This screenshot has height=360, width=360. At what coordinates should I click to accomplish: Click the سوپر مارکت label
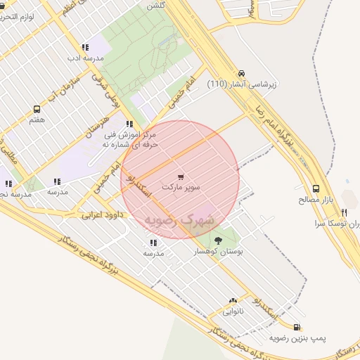tap(181, 188)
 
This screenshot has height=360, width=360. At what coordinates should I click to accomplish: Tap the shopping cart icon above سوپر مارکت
tap(181, 177)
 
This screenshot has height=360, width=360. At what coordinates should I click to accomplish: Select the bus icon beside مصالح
tap(316, 188)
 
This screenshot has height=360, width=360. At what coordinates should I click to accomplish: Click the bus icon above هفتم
tap(37, 109)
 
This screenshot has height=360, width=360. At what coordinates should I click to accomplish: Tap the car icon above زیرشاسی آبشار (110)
tap(242, 73)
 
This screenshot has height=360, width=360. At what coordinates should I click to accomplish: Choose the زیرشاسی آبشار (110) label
tap(243, 84)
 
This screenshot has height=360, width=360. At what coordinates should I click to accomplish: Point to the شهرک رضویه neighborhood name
tap(179, 221)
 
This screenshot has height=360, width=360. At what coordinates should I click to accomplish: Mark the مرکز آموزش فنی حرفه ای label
tap(128, 139)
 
